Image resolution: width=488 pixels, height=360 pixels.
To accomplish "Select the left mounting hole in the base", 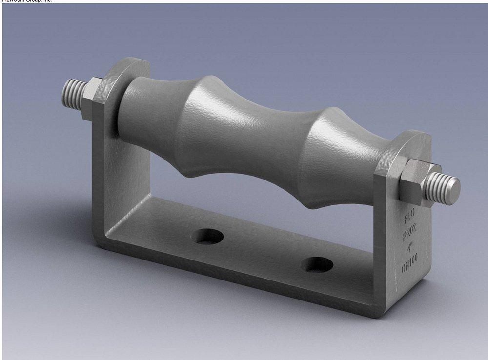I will point(207,237).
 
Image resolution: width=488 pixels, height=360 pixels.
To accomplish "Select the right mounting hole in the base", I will point(317,265).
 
